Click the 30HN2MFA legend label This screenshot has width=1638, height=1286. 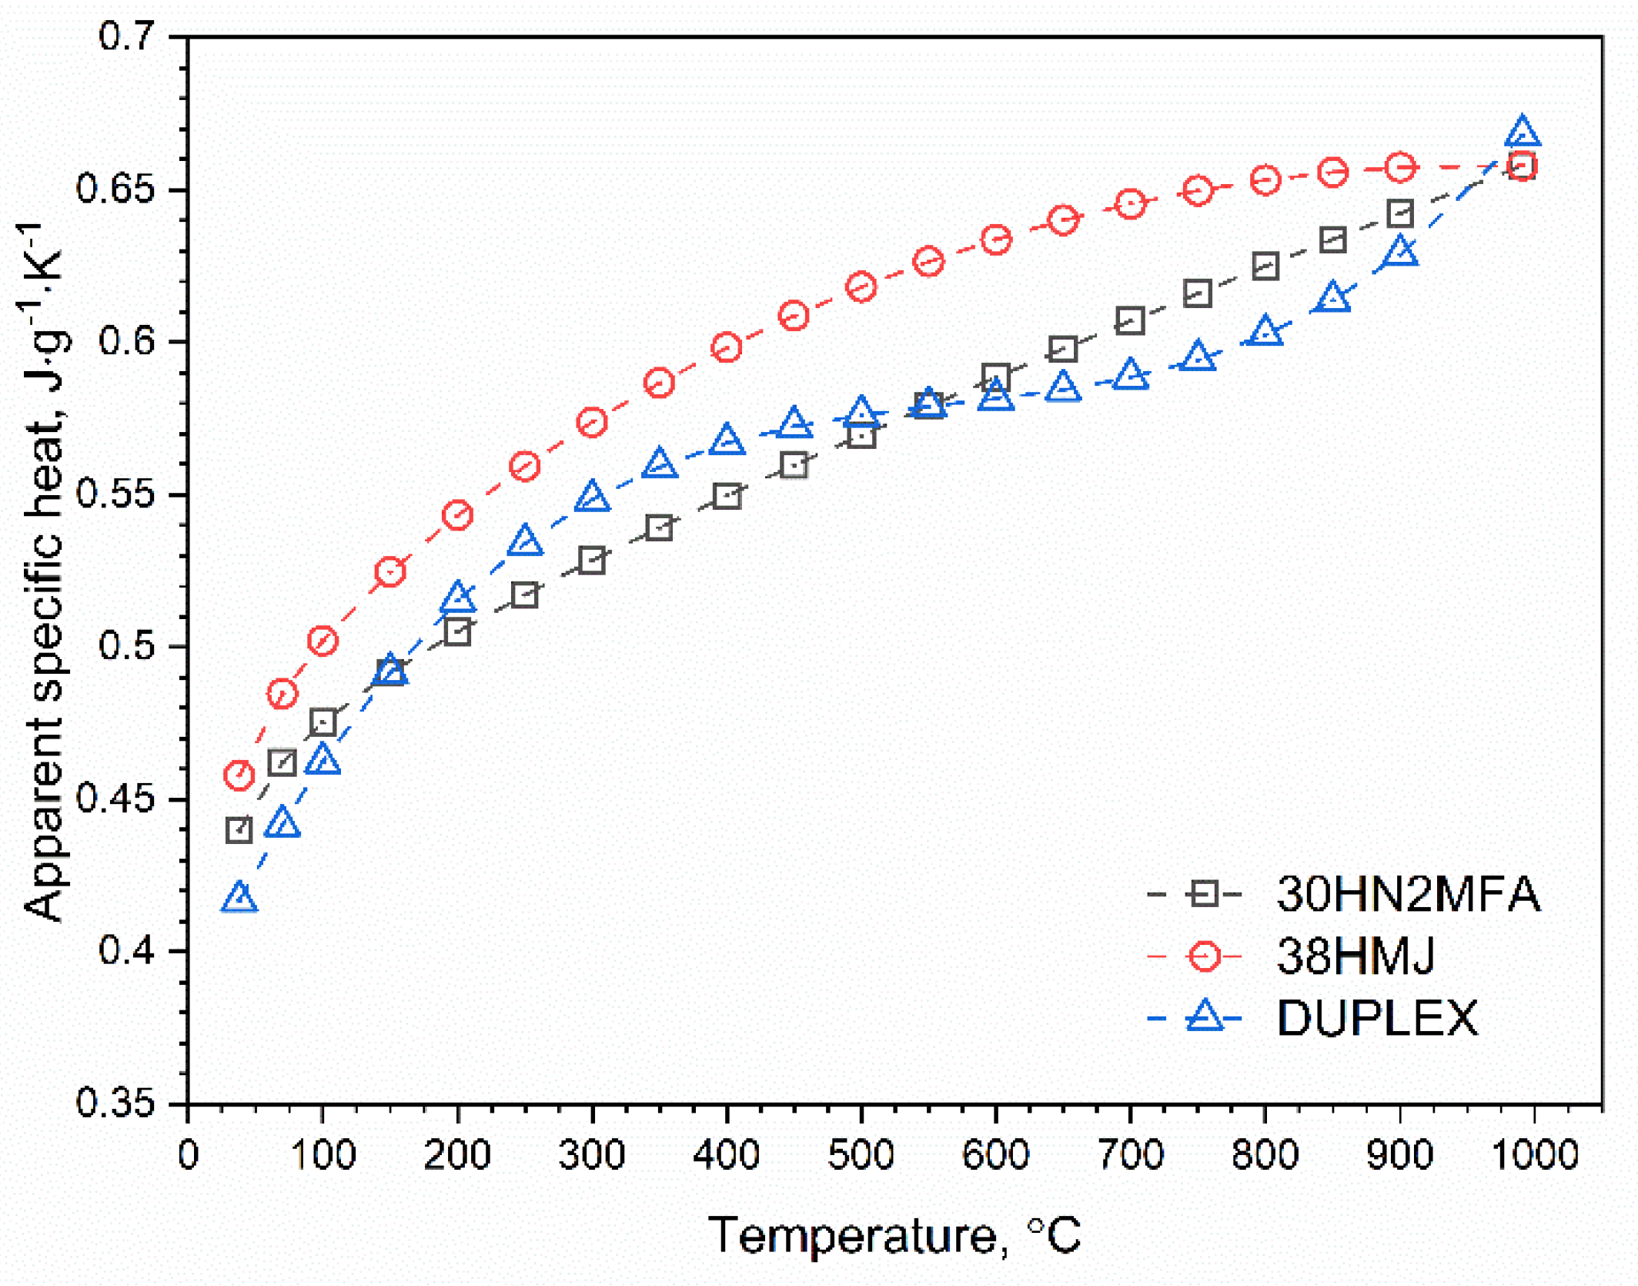[x=1408, y=894]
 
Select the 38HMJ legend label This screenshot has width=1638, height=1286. [x=1356, y=956]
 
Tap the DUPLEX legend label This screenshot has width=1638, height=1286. [x=1377, y=1018]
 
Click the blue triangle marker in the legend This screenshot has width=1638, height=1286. [x=1205, y=1016]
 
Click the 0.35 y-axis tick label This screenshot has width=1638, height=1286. [x=115, y=1103]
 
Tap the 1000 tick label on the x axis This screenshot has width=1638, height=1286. [x=1534, y=1155]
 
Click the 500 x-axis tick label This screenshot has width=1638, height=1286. [x=861, y=1155]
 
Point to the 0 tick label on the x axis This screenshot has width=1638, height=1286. [x=189, y=1155]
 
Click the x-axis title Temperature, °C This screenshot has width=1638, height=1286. [x=894, y=1235]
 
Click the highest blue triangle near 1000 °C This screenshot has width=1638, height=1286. [x=1522, y=132]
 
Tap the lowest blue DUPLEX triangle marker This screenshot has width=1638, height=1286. [x=239, y=898]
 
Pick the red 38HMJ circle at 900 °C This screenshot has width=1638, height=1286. [x=1400, y=167]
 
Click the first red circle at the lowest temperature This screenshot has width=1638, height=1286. [x=239, y=775]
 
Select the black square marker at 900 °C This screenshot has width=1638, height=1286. [x=1400, y=213]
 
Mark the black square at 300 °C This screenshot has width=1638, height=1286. [x=592, y=560]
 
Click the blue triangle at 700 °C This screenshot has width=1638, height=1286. [x=1130, y=375]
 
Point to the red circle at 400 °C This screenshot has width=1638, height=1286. [x=727, y=347]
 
